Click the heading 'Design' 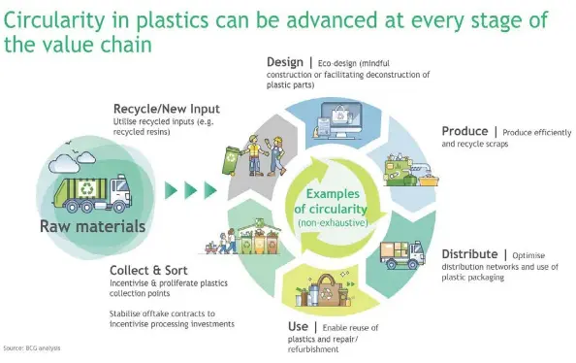pyautogui.click(x=285, y=63)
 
